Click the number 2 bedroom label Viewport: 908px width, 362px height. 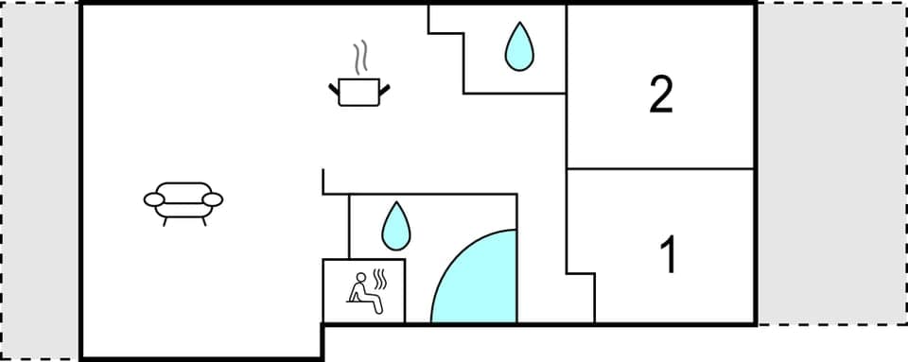(x=661, y=95)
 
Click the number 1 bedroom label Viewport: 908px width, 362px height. (x=669, y=255)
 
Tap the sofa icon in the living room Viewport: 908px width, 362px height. (x=183, y=201)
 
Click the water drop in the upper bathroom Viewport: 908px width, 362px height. (x=517, y=46)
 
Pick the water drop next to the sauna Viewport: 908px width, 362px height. (x=394, y=225)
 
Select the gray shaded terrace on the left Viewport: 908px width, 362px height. (x=40, y=180)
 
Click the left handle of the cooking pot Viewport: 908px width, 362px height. (x=334, y=89)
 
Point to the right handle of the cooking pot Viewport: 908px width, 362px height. (x=384, y=89)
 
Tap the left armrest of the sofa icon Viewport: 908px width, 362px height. (x=155, y=199)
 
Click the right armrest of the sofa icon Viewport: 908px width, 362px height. (x=213, y=199)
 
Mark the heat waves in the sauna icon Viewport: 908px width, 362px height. (x=380, y=282)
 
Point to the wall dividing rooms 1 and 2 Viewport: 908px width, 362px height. (x=660, y=169)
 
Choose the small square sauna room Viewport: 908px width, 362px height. (x=364, y=291)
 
